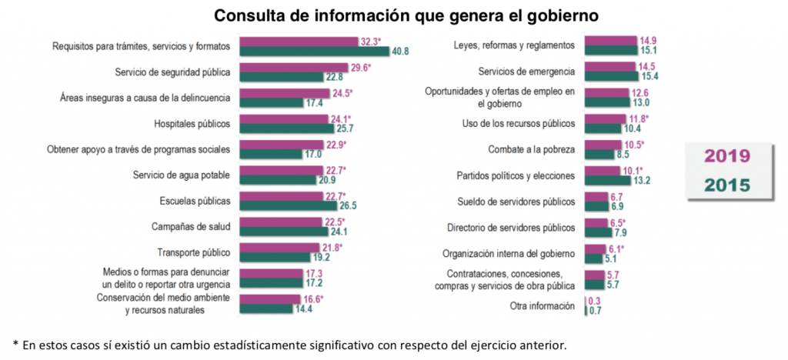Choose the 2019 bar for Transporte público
click(280, 248)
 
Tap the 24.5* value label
click(343, 93)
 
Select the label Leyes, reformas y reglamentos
click(514, 45)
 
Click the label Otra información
click(542, 306)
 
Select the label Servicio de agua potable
click(182, 175)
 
